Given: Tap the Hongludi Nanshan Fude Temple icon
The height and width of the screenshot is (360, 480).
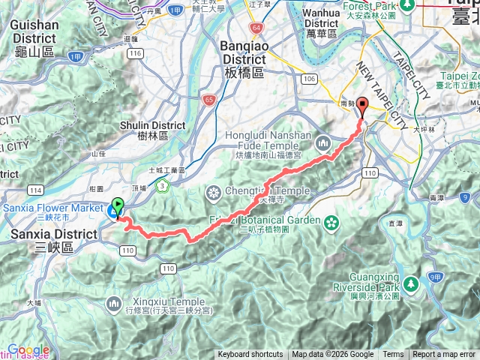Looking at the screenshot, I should tap(323, 141).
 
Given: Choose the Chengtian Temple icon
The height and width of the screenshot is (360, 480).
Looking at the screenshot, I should tap(214, 191).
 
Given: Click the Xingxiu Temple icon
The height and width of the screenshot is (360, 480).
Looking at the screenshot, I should tap(114, 303).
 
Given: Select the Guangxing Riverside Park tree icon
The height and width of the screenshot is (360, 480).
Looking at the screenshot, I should tap(410, 284).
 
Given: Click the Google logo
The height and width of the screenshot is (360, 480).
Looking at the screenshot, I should tap(28, 350).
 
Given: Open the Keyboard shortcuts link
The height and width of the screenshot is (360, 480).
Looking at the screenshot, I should tap(250, 355).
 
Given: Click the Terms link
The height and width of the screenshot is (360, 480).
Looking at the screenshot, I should tap(393, 355).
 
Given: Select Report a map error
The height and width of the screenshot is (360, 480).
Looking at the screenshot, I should tap(444, 355).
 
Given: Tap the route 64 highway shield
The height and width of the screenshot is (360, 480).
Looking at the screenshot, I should tap(257, 28).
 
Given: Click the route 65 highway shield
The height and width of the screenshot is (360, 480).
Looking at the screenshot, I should tap(208, 98).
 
